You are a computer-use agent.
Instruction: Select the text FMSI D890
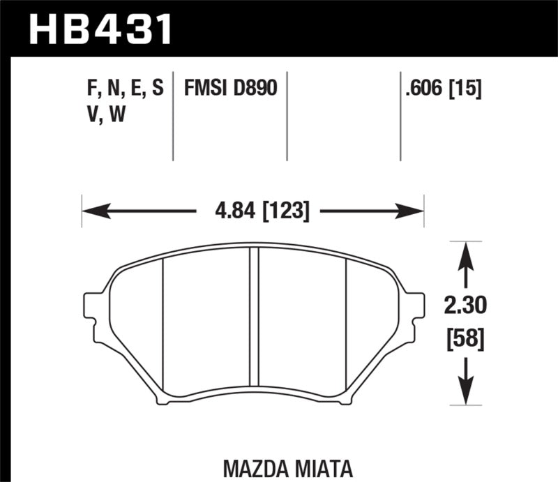pyautogui.click(x=231, y=89)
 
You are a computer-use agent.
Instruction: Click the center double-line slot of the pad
pyautogui.click(x=255, y=324)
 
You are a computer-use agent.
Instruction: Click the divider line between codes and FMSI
pyautogui.click(x=173, y=115)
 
